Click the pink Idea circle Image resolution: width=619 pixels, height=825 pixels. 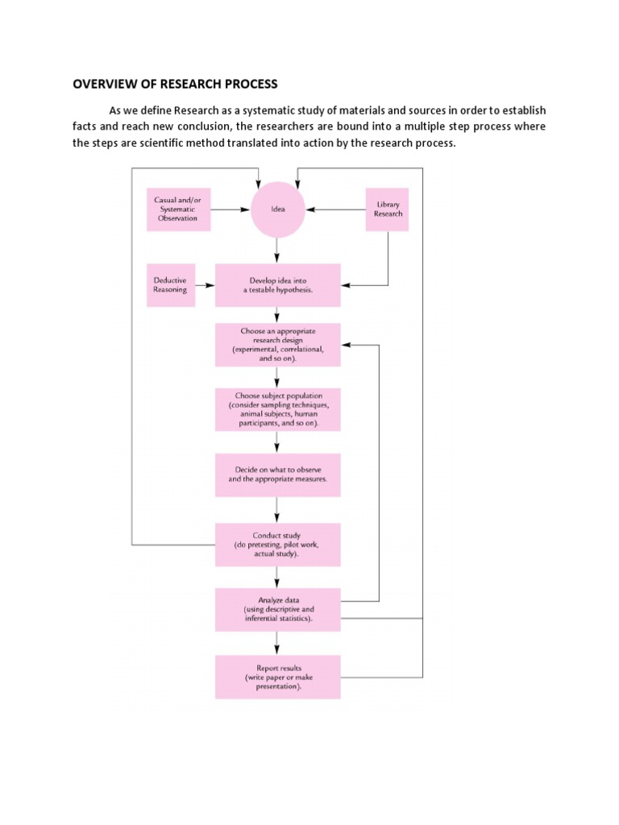(x=277, y=209)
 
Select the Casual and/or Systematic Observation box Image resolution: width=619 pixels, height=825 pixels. (x=179, y=209)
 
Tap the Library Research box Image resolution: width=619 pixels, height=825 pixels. (x=388, y=209)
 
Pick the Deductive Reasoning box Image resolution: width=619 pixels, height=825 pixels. (x=171, y=284)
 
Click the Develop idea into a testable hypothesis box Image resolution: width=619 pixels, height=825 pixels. (x=277, y=284)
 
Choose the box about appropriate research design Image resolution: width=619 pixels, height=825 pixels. (x=277, y=345)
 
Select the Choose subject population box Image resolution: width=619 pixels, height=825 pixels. (x=277, y=410)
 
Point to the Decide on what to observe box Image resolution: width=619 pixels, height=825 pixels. (x=277, y=475)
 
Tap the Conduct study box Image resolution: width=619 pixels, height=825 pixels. (x=277, y=545)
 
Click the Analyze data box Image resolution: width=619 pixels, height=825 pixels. (x=277, y=610)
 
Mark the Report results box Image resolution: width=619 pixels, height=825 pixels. (x=277, y=677)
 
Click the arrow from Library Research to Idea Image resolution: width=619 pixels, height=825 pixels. (x=335, y=209)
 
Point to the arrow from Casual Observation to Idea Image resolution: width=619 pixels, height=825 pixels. (x=231, y=209)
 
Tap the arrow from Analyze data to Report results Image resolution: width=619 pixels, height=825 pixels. (x=277, y=643)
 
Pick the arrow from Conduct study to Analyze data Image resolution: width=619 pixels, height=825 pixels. (x=277, y=577)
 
